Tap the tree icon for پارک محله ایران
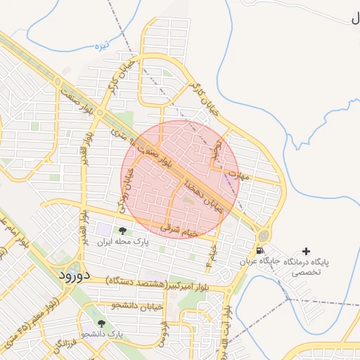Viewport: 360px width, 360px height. click(x=122, y=231)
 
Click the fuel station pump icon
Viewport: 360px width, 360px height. click(x=261, y=251)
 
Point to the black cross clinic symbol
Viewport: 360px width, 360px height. click(x=306, y=251)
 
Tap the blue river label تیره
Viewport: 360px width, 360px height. click(x=103, y=46)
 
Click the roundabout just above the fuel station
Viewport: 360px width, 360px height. click(x=263, y=235)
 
